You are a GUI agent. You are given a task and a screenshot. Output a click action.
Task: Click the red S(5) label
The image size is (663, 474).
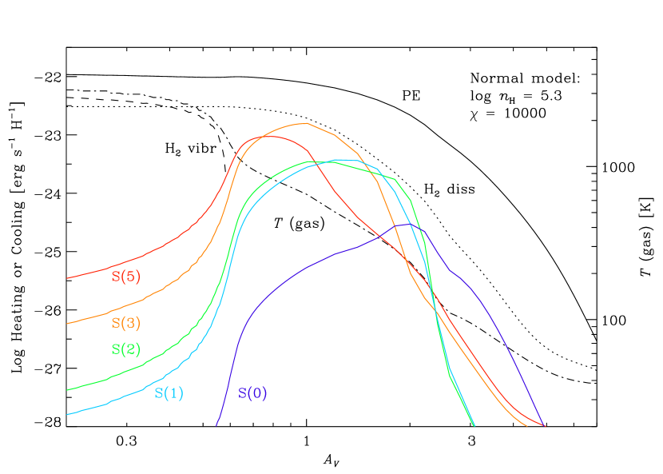pos(125,277)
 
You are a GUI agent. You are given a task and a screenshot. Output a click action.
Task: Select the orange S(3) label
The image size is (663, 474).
pos(125,324)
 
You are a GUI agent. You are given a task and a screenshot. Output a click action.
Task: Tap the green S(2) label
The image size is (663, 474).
pos(125,349)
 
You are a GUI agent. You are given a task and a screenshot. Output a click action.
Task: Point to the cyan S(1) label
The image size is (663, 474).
pos(169,393)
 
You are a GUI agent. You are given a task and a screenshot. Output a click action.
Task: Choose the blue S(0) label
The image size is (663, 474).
pos(252,393)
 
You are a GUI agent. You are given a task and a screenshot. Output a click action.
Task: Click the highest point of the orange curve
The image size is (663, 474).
pos(305,123)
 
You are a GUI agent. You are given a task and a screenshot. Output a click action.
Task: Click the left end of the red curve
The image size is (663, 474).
pos(67,278)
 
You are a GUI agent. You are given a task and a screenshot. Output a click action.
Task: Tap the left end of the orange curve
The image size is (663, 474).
pos(67,324)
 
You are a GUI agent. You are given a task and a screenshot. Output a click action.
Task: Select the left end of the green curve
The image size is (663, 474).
pos(67,390)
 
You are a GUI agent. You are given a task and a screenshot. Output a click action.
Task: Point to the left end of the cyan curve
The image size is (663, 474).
pos(67,414)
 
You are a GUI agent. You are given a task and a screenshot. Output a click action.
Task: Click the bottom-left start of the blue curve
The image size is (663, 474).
pos(216,425)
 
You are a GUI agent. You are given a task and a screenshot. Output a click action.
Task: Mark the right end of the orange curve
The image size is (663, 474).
pos(527,425)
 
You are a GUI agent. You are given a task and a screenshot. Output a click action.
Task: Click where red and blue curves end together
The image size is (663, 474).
pos(544,425)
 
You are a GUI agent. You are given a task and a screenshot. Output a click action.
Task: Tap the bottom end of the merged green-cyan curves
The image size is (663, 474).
pos(474,425)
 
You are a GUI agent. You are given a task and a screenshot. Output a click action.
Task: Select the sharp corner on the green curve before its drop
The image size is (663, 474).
pos(395,179)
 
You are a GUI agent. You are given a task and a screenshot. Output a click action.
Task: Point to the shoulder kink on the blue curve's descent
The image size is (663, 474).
pos(451,270)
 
